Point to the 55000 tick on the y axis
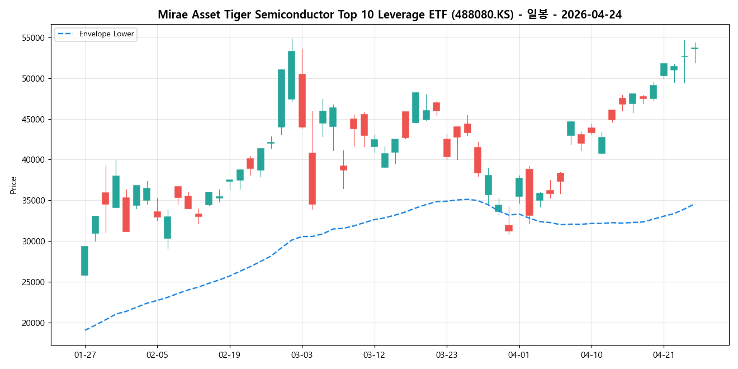pyautogui.click(x=34, y=38)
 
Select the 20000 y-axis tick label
pyautogui.click(x=34, y=323)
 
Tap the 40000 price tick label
pyautogui.click(x=34, y=160)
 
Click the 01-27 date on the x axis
pyautogui.click(x=85, y=355)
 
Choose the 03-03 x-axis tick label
pyautogui.click(x=302, y=355)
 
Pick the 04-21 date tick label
pyautogui.click(x=664, y=355)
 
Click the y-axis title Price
pyautogui.click(x=13, y=185)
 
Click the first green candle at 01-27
pyautogui.click(x=84, y=261)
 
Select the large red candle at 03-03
pyautogui.click(x=302, y=101)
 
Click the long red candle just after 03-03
pyautogui.click(x=312, y=178)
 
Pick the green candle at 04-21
pyautogui.click(x=664, y=69)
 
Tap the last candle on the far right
pyautogui.click(x=694, y=49)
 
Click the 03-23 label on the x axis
pyautogui.click(x=446, y=355)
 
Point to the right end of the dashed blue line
pyautogui.click(x=694, y=204)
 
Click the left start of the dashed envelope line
pyautogui.click(x=85, y=330)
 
